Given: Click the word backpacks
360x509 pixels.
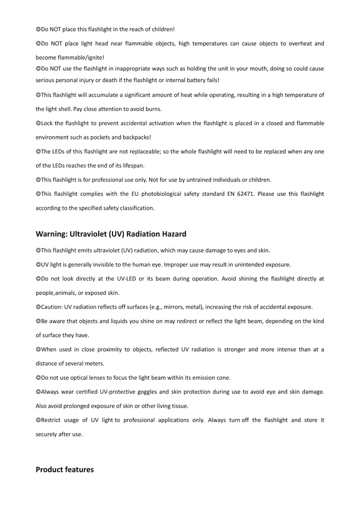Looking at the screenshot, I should click(x=135, y=137).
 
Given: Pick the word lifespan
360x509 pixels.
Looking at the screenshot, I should click(x=133, y=165).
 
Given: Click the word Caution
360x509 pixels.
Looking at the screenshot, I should click(x=51, y=307).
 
